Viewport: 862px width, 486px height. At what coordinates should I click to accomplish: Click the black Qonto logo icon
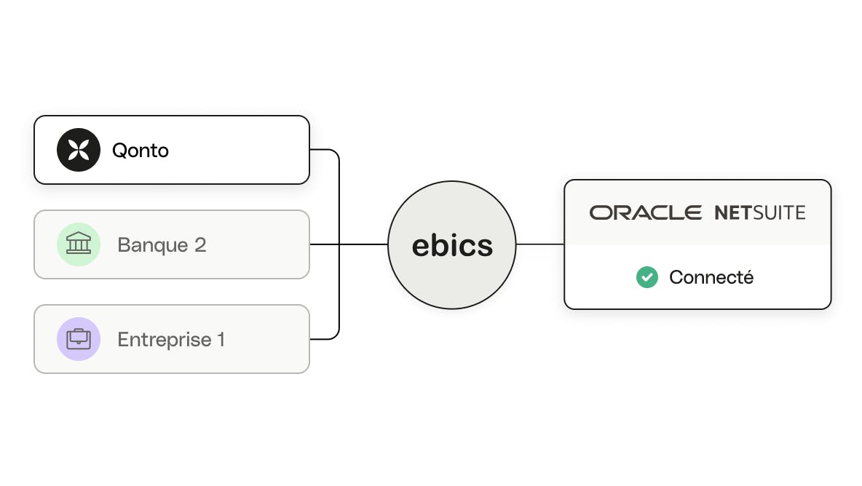click(79, 150)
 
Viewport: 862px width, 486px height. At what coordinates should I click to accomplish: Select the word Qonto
click(141, 151)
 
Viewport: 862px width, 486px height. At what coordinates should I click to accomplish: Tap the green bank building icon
click(79, 244)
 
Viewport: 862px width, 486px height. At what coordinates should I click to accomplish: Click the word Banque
click(153, 245)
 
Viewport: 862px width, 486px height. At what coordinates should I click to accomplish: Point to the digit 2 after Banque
click(200, 244)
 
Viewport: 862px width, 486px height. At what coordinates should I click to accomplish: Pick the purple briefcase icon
click(79, 339)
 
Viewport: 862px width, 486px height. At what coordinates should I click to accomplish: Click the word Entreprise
click(165, 339)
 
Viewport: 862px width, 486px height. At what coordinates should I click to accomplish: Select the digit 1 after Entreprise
click(221, 339)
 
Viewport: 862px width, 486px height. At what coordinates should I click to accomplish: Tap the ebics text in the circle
click(452, 245)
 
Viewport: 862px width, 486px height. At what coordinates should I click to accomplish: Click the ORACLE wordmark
click(645, 212)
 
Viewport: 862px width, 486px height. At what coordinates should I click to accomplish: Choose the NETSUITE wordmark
click(760, 212)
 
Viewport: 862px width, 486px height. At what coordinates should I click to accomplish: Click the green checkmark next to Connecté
click(647, 277)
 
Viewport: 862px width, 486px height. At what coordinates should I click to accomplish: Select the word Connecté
click(711, 277)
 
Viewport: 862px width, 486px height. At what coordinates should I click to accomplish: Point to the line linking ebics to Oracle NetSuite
click(540, 244)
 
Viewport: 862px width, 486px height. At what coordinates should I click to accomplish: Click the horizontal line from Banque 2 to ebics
click(349, 244)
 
